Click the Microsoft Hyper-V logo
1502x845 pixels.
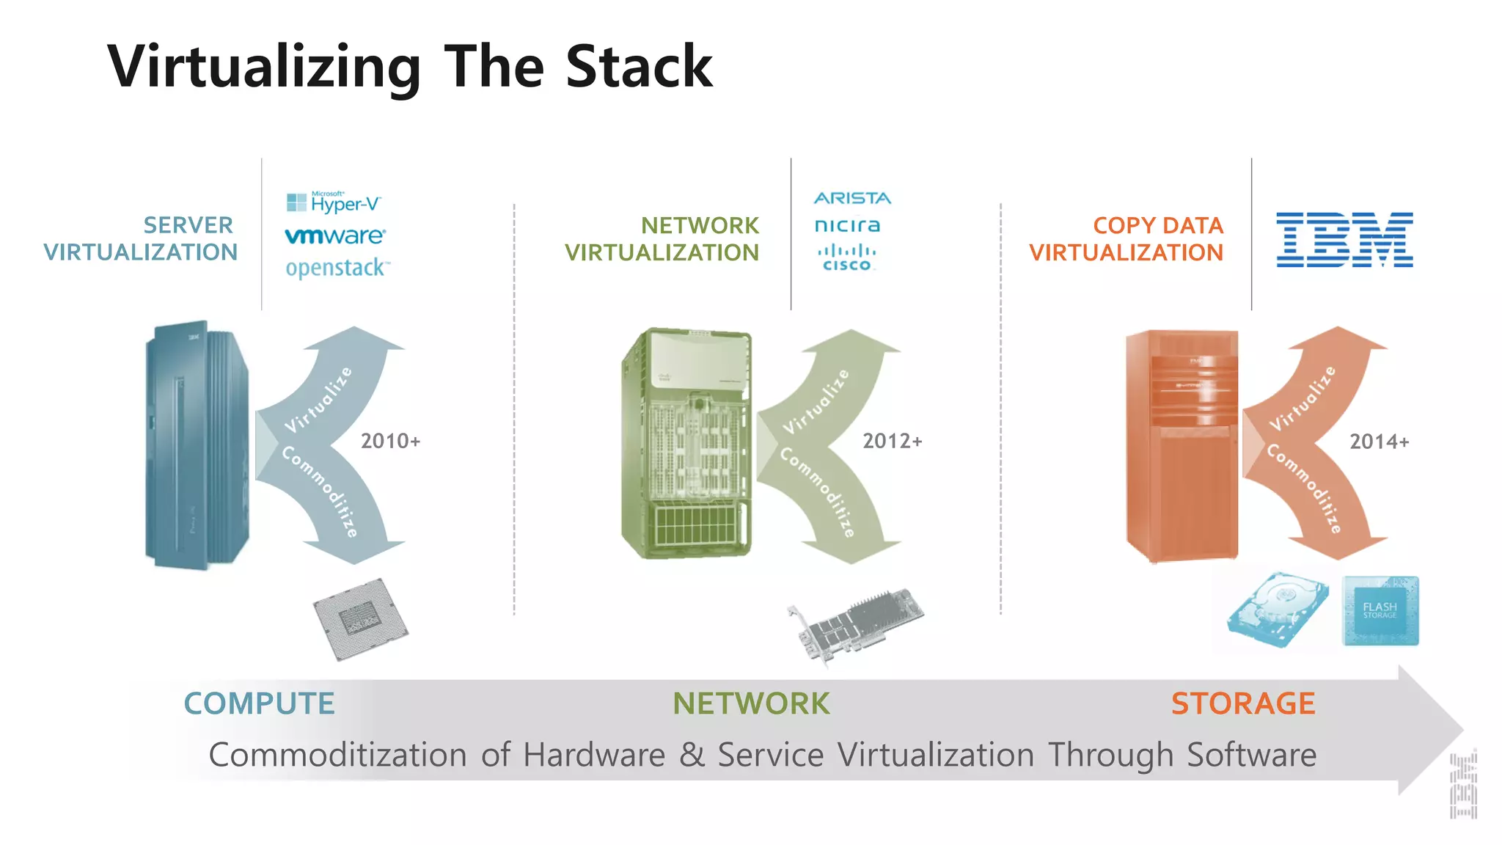(334, 202)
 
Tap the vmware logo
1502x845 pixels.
(334, 236)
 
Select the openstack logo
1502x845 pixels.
(337, 268)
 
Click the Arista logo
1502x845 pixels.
(852, 198)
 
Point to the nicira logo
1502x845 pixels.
(847, 225)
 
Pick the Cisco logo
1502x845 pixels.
(847, 258)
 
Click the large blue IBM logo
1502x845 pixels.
(1344, 240)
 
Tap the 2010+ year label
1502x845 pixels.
(390, 441)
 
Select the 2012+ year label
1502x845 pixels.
(892, 441)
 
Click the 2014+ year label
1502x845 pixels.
(1379, 442)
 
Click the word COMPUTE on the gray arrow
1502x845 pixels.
(259, 703)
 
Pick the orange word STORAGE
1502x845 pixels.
(1242, 703)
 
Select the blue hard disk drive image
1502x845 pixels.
(1278, 610)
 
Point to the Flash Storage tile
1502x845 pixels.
(1380, 611)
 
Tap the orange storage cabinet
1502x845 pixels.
(1182, 446)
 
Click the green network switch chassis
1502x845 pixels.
(686, 444)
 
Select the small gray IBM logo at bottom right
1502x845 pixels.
(1463, 785)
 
